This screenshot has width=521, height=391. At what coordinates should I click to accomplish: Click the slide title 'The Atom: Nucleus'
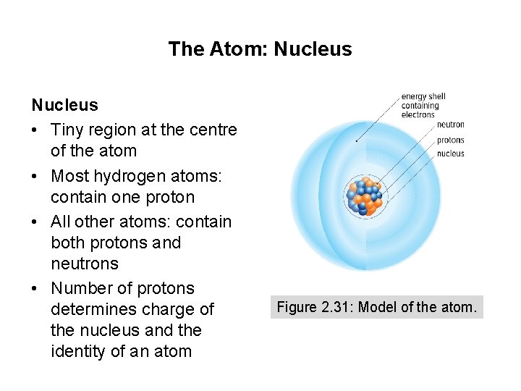click(260, 49)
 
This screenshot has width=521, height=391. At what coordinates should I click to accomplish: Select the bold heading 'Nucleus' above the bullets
click(64, 105)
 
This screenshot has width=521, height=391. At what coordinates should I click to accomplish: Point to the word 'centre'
click(211, 130)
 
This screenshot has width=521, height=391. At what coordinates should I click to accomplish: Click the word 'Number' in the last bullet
click(80, 288)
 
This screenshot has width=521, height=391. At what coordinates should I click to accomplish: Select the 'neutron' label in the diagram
click(450, 125)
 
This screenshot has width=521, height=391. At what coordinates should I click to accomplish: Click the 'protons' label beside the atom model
click(450, 140)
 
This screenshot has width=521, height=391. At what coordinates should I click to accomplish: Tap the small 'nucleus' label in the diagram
click(450, 154)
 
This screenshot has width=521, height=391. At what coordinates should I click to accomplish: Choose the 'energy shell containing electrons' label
click(423, 105)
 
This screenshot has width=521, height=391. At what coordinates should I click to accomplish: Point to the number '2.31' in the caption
click(332, 307)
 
